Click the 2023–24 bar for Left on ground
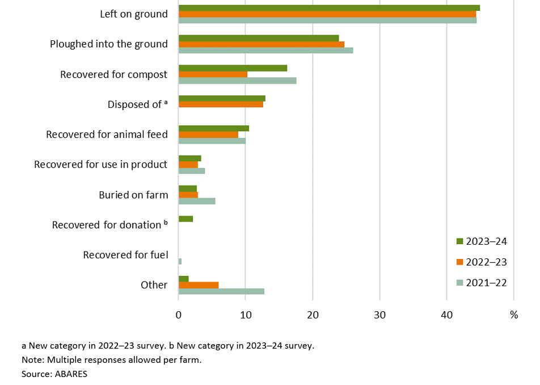(x=329, y=8)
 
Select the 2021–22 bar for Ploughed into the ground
(x=265, y=51)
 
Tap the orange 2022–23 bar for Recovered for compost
(x=213, y=74)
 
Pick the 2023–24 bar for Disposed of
(x=222, y=98)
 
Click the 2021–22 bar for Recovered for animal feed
(x=212, y=141)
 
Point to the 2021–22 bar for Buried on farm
(x=197, y=201)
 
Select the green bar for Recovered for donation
(x=185, y=219)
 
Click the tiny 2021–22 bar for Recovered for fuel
(x=180, y=261)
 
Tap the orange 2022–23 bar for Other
(x=199, y=285)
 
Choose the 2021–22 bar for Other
(x=221, y=291)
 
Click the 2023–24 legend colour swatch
(x=460, y=241)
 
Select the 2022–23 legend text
(x=486, y=262)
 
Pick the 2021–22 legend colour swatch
(x=460, y=283)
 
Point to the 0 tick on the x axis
(x=179, y=315)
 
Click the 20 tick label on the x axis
(x=313, y=315)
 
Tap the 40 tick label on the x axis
(x=446, y=315)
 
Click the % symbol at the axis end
(x=514, y=315)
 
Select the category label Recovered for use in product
(x=101, y=165)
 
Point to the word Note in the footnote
(x=32, y=359)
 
